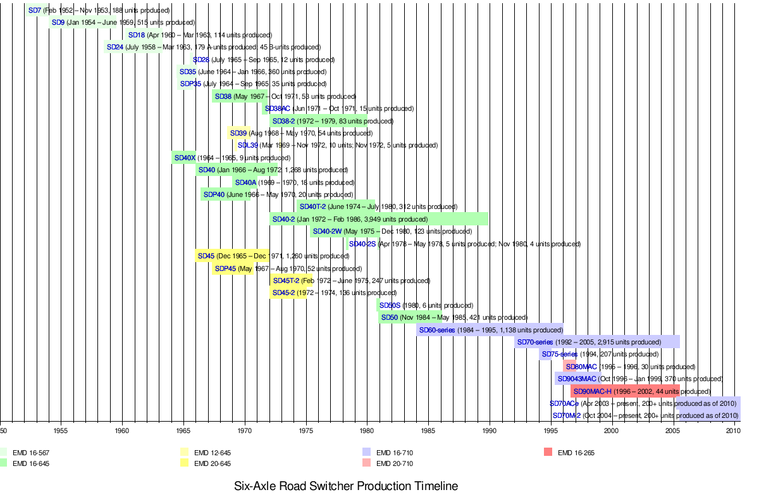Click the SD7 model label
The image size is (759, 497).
pos(35,11)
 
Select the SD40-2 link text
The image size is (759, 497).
pos(283,220)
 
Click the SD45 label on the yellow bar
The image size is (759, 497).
pos(206,256)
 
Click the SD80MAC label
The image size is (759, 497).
pos(581,367)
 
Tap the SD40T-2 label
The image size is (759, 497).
pos(312,207)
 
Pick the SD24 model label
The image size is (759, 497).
pos(115,47)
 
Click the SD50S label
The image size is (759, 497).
pos(390,306)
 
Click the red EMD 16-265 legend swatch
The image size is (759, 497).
pos(548,453)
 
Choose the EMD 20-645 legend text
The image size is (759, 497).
pos(213,464)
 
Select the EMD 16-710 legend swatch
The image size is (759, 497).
pos(366,453)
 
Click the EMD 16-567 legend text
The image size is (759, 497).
pos(31,453)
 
